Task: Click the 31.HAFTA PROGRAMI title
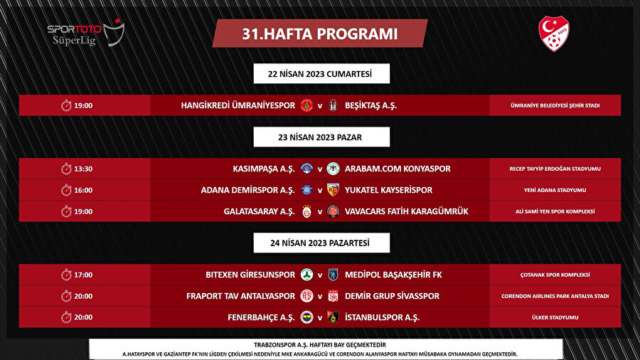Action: (320, 33)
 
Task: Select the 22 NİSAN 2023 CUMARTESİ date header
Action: (320, 73)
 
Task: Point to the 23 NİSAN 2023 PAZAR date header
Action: (320, 137)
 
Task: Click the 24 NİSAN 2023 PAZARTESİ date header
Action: (320, 243)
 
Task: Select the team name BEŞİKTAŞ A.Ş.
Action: (371, 105)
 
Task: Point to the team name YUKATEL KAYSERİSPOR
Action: (388, 190)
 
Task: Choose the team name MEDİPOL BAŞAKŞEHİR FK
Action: (393, 275)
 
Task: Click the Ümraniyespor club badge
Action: (307, 105)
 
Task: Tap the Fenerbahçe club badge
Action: (307, 317)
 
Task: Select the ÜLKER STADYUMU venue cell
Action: (555, 317)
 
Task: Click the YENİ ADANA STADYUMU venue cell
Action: (555, 190)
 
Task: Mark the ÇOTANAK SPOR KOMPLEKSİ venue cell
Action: (555, 275)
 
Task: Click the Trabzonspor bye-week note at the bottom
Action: (319, 342)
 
